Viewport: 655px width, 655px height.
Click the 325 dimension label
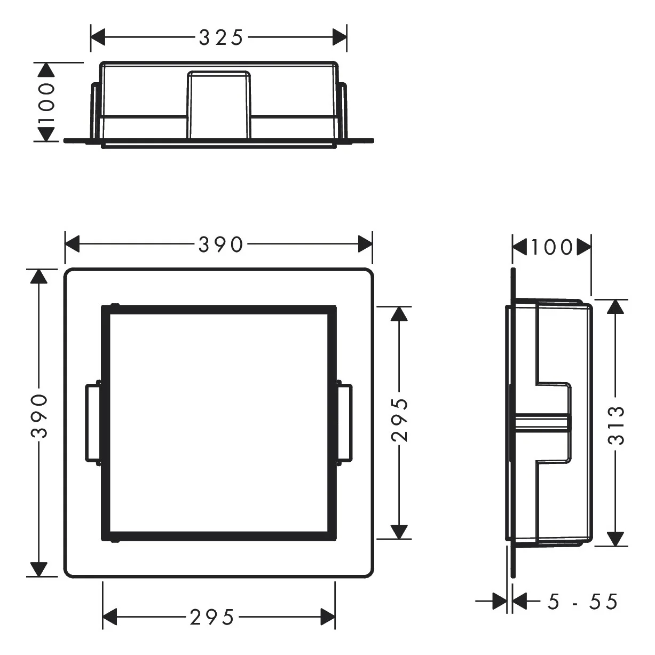click(221, 38)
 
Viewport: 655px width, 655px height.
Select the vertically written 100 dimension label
click(46, 102)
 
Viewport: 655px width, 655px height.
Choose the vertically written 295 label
click(399, 420)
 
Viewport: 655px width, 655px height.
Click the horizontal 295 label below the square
click(212, 618)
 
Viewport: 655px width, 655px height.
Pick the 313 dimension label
click(616, 425)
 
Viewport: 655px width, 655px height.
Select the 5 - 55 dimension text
click(582, 602)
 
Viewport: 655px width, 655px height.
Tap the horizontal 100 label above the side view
click(552, 247)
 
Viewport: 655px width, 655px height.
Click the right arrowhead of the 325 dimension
click(340, 37)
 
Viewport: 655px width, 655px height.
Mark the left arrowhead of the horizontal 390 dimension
click(72, 244)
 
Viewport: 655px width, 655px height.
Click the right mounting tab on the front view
click(345, 423)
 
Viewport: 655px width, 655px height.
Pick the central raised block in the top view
click(218, 104)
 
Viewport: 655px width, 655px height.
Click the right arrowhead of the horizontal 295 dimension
click(328, 617)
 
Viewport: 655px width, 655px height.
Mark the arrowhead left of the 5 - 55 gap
click(500, 602)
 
